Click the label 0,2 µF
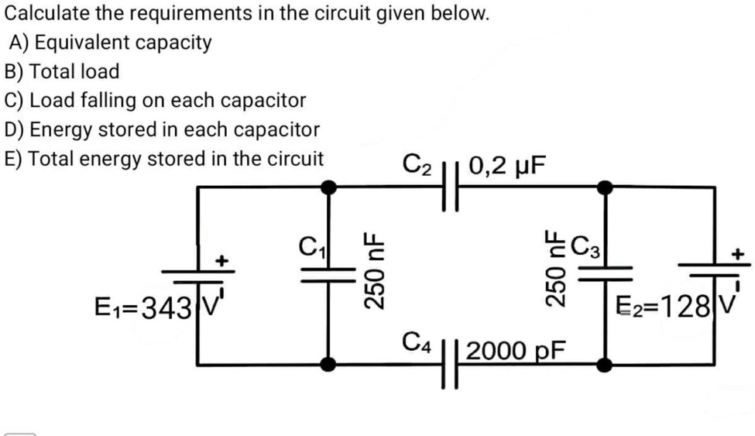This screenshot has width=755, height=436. (506, 165)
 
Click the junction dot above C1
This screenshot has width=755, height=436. (328, 187)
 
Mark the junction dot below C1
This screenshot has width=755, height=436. (328, 364)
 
